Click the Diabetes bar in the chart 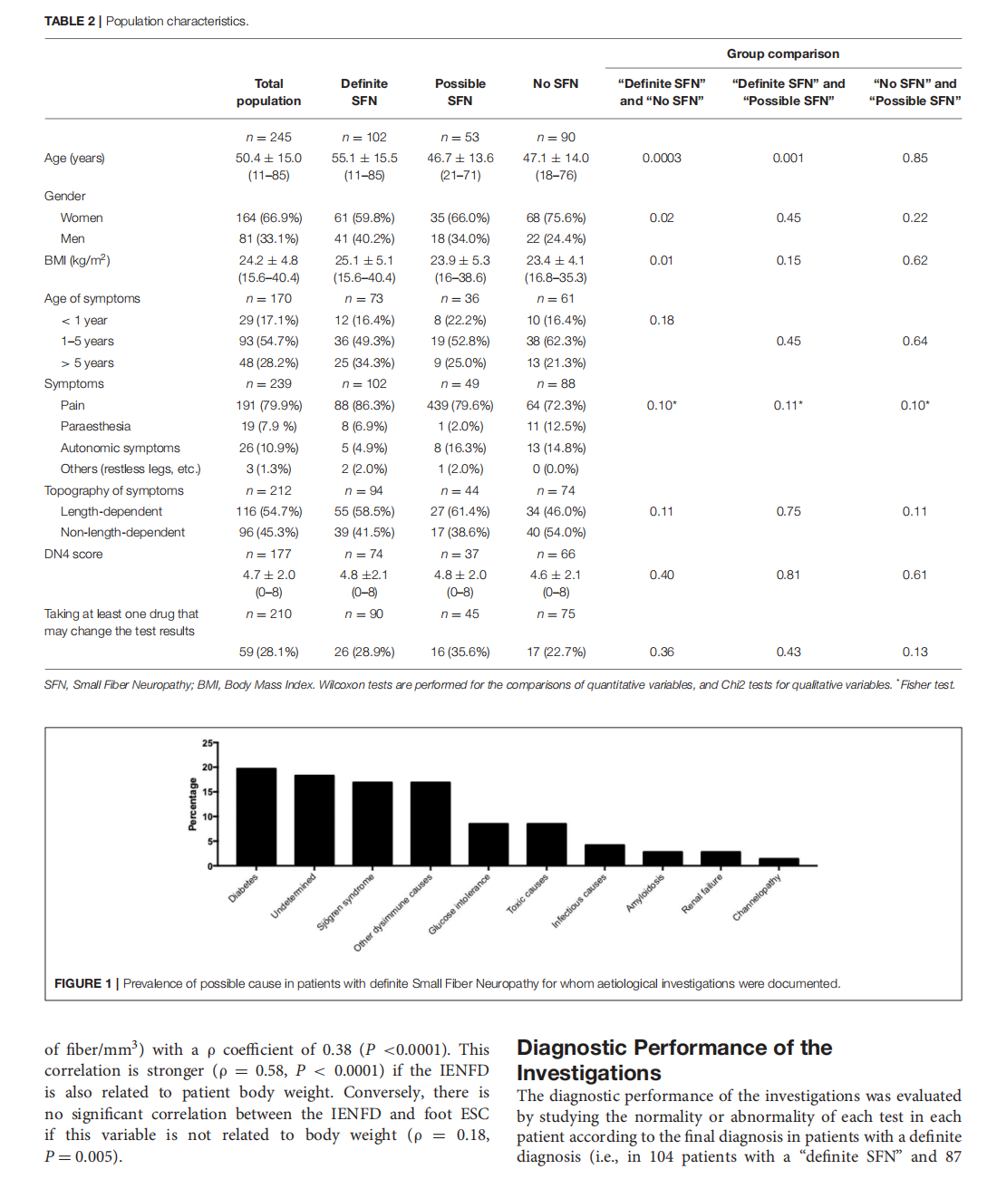(257, 817)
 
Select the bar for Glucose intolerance (489, 844)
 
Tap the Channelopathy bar (779, 862)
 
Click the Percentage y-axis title (192, 805)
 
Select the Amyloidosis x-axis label (645, 893)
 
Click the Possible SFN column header (460, 92)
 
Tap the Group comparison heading (782, 53)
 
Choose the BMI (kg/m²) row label (77, 260)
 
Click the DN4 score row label (73, 554)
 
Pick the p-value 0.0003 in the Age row (662, 158)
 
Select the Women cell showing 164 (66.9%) (268, 217)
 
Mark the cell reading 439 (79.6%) (460, 405)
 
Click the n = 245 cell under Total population (268, 137)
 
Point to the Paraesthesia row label (95, 426)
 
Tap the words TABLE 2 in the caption (70, 21)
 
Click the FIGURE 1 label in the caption (82, 983)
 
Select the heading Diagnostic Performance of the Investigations (673, 1060)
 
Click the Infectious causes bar (605, 855)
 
